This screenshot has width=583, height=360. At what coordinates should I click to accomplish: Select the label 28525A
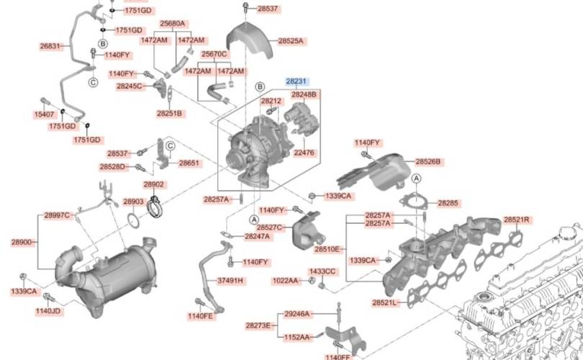tap(291, 41)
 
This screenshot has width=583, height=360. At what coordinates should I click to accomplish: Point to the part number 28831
tap(50, 45)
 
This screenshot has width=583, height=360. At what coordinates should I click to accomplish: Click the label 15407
tap(44, 114)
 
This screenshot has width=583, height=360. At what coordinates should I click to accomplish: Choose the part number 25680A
tap(172, 23)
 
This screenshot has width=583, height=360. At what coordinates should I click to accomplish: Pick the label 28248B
tap(304, 94)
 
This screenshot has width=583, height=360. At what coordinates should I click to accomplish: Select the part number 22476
tap(304, 152)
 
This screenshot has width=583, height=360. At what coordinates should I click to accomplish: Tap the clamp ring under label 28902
tap(155, 208)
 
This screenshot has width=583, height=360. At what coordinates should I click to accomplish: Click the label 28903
tap(134, 202)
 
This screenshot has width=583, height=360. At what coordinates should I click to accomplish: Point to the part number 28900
tap(22, 242)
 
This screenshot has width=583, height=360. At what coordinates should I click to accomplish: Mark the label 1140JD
tap(48, 311)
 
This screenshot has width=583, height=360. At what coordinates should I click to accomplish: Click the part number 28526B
tap(428, 161)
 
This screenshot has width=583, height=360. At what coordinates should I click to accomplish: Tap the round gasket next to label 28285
tap(412, 202)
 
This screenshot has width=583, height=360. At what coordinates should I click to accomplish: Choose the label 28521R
tap(516, 219)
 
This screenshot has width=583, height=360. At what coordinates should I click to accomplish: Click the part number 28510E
tap(327, 249)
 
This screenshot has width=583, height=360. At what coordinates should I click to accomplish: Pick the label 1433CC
tap(322, 271)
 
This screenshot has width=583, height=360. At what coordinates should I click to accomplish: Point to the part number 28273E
tap(258, 325)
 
